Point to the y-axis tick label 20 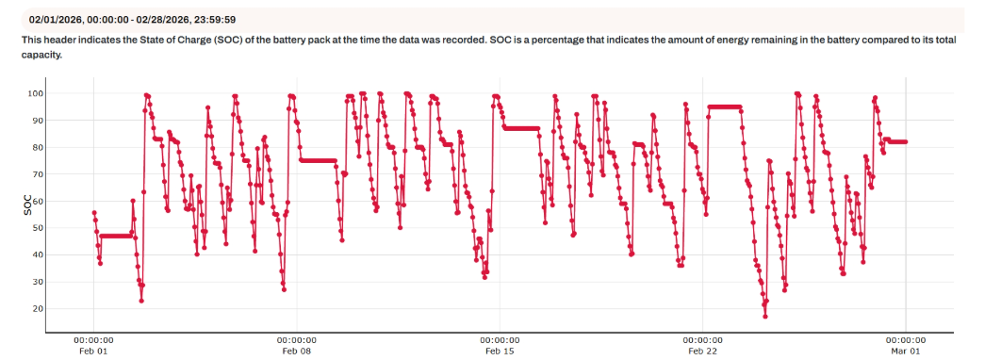coord(61,309)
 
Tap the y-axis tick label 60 coord(61,202)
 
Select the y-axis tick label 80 coord(61,148)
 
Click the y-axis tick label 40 coord(61,255)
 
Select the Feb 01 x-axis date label coord(93,352)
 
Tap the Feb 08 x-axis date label coord(296,352)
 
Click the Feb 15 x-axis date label coord(500,352)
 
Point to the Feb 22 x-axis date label coord(702,352)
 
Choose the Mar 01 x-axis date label coord(905,352)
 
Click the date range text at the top coord(132,19)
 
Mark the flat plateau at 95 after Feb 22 coord(725,107)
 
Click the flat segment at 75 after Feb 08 coord(318,160)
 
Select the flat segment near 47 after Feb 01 coord(115,236)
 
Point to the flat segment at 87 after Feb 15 coord(521,128)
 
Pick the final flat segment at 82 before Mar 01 coord(895,141)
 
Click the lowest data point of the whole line coord(765,316)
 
